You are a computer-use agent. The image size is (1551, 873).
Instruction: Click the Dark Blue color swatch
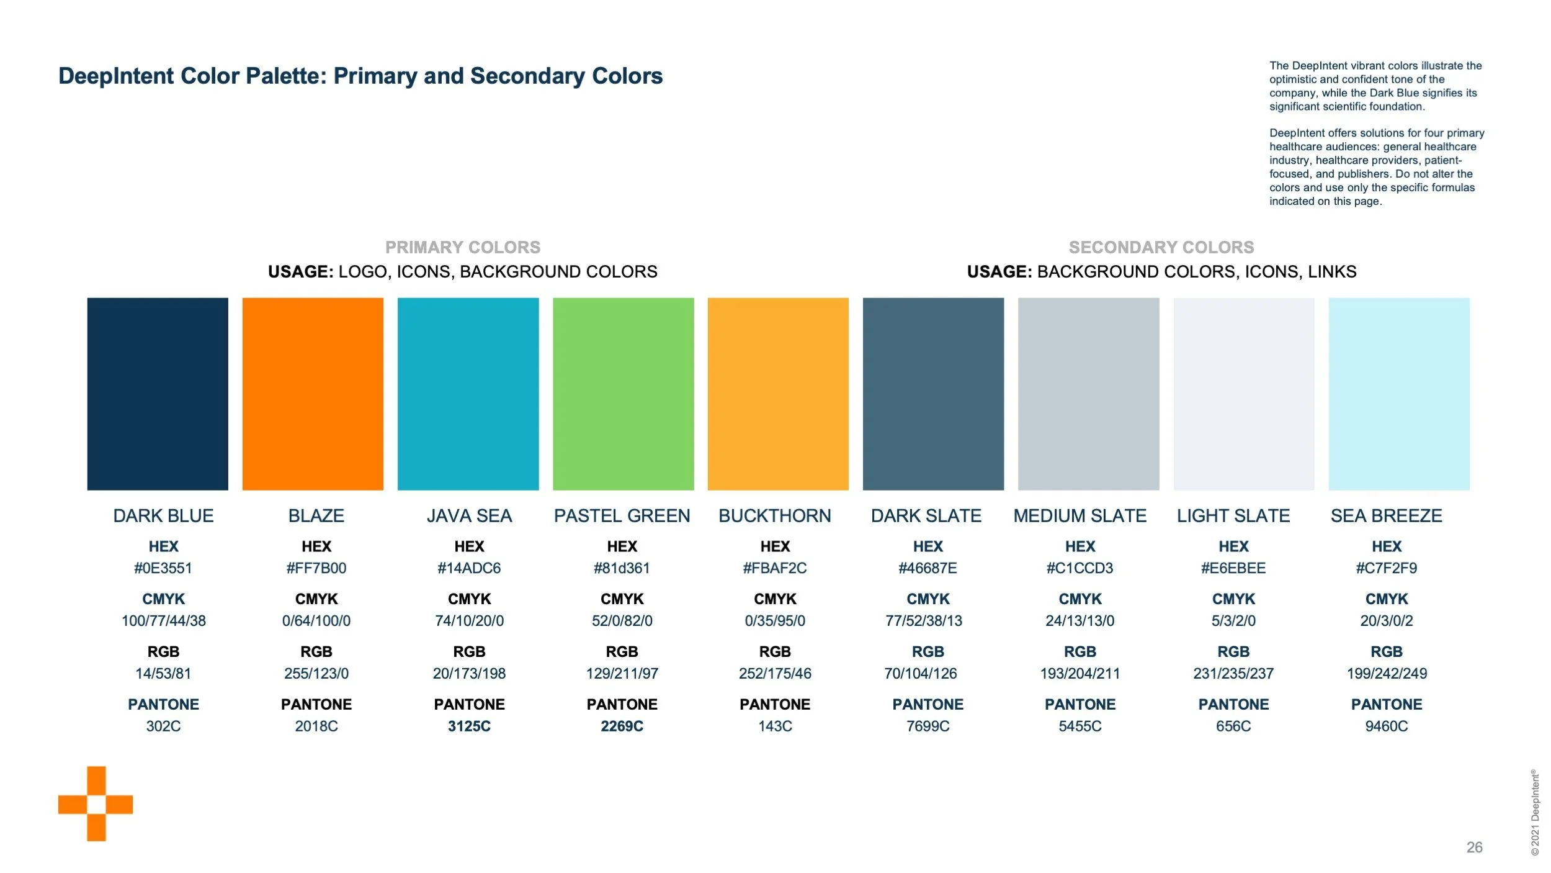pos(158,394)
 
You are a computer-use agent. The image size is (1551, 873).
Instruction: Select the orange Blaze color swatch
pos(313,394)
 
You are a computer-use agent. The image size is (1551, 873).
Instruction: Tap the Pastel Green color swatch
pos(623,394)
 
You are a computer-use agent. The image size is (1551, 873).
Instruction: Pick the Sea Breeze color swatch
pos(1399,394)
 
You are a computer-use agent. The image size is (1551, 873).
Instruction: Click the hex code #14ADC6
pos(469,568)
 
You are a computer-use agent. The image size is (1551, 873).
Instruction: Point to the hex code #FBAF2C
pos(775,568)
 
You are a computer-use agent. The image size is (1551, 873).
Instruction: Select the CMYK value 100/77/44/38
pos(164,621)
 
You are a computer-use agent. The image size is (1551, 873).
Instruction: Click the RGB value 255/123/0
pos(316,674)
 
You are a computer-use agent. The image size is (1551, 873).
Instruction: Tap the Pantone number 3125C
pos(469,726)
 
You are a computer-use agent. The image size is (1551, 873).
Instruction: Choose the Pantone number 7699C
pos(928,726)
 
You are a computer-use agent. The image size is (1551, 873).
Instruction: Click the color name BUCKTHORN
pos(775,516)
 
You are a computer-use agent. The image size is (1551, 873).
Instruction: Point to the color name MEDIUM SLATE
pos(1080,516)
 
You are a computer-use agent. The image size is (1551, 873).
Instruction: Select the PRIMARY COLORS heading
pos(463,248)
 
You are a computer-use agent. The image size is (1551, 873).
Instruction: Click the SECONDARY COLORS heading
pos(1161,248)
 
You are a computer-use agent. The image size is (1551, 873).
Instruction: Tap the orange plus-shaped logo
pos(96,803)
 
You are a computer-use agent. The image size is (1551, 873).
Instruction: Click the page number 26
pos(1475,848)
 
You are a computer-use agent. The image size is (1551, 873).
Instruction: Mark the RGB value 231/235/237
pos(1233,674)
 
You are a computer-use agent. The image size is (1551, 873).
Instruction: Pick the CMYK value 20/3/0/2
pos(1387,621)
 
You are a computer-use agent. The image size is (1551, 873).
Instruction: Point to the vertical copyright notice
pos(1535,812)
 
